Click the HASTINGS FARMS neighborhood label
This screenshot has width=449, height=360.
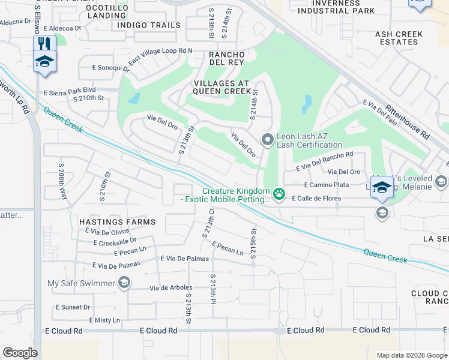click(x=118, y=222)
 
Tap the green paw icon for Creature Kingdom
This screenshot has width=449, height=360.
click(x=279, y=194)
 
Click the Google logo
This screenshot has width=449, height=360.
click(x=20, y=353)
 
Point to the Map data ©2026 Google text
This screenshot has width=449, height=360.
click(x=411, y=355)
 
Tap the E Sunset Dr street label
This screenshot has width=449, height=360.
click(x=73, y=307)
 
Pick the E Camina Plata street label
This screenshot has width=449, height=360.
click(x=326, y=185)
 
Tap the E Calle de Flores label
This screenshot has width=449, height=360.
click(x=316, y=199)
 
